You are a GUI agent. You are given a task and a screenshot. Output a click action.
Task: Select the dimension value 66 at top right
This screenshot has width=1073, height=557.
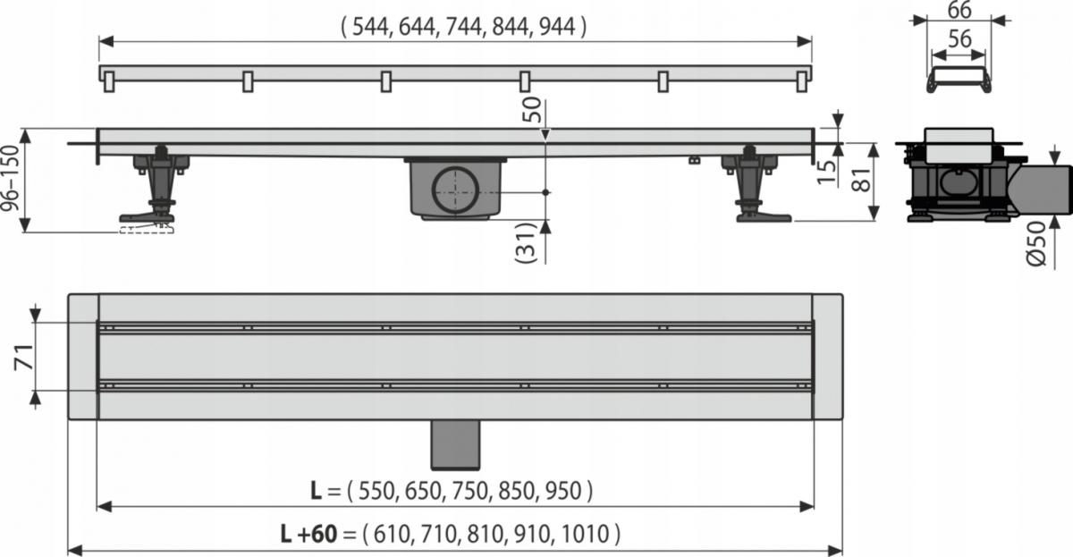coord(959,12)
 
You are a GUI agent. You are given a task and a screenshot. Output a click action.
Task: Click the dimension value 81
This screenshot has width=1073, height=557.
coord(859,181)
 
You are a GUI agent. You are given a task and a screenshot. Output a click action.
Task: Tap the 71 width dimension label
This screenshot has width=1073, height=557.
coord(15,357)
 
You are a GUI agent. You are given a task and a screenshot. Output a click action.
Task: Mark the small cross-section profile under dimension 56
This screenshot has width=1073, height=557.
coord(959,79)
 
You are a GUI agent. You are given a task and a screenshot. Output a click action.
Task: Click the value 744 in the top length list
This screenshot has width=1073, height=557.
coord(459,28)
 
